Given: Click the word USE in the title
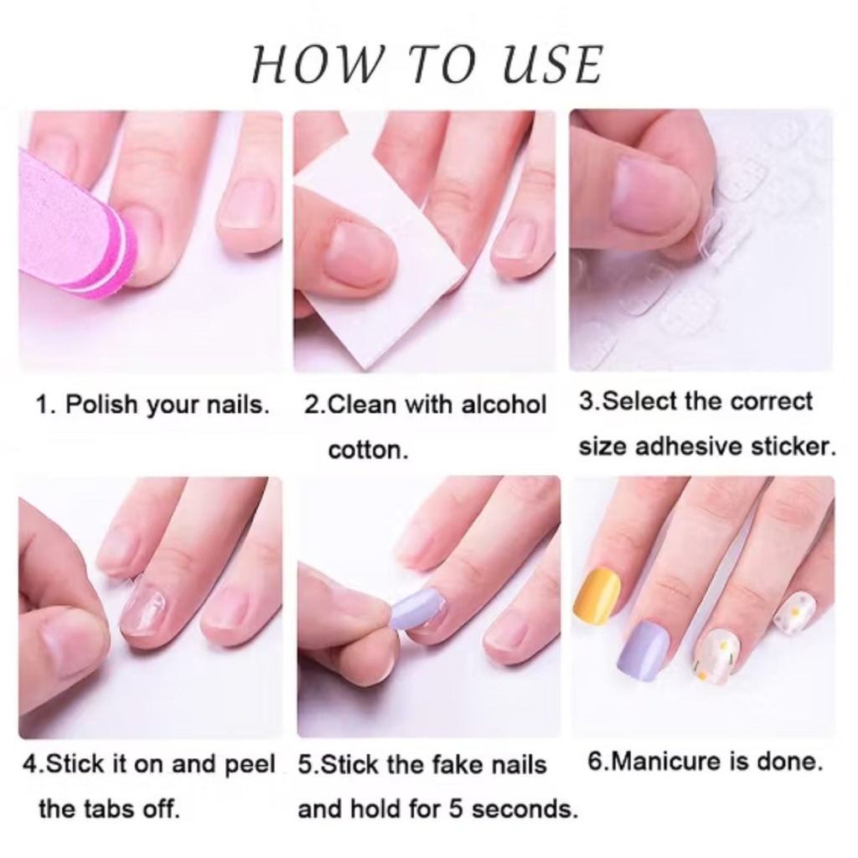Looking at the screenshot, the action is (x=552, y=65).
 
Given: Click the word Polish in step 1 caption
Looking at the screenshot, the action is (x=101, y=405).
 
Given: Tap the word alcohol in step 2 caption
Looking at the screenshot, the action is (x=504, y=405).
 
